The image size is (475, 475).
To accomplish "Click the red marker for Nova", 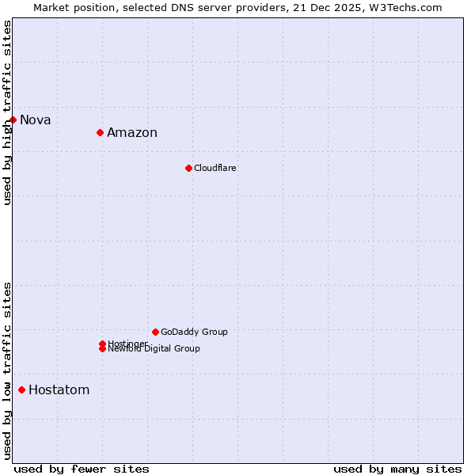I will [x=13, y=120].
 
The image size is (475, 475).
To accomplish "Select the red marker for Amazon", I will [x=101, y=132].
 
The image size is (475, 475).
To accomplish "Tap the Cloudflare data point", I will [x=188, y=168].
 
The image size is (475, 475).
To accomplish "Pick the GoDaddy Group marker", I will [x=155, y=332].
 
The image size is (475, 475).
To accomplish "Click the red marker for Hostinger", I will [x=102, y=344].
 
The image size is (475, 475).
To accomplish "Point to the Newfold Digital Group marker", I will [x=102, y=349].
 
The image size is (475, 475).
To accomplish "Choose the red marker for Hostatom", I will [x=21, y=389].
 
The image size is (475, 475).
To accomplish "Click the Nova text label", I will [x=36, y=120].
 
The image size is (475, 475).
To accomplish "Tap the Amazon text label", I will [x=132, y=133].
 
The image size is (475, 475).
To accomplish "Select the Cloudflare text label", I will [x=215, y=168].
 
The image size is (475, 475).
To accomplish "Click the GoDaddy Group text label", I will [x=194, y=332].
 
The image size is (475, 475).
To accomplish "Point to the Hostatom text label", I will [x=59, y=390].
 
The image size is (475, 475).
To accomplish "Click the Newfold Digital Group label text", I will [x=154, y=349].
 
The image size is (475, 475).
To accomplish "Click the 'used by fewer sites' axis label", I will [x=82, y=469].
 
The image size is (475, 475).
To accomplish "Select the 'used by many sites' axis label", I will [x=397, y=469].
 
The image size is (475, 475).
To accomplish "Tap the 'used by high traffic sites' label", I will [x=7, y=112].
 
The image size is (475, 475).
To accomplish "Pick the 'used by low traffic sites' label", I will [x=7, y=370].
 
